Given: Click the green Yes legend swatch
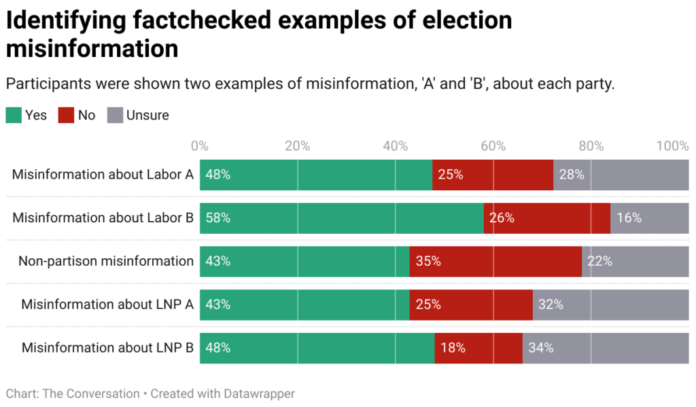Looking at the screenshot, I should [x=14, y=115].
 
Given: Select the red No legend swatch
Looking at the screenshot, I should [x=67, y=115].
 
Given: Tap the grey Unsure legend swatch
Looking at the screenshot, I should [x=115, y=115].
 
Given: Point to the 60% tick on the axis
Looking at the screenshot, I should [x=493, y=146].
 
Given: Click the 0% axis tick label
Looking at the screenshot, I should [x=199, y=146].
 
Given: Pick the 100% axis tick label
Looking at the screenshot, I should [x=673, y=146].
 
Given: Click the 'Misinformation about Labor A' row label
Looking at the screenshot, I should [x=103, y=175].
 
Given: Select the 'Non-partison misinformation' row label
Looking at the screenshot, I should [x=106, y=261].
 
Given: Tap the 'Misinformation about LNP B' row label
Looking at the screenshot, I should [x=107, y=348].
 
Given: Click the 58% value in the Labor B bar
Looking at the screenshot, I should [x=218, y=218].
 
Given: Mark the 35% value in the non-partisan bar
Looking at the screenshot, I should [x=428, y=261].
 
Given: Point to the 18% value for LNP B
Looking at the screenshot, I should [x=453, y=348].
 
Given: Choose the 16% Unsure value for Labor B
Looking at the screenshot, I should [x=629, y=218].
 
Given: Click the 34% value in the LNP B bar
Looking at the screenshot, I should [x=540, y=348].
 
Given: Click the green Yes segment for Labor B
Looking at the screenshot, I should [x=340, y=218].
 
